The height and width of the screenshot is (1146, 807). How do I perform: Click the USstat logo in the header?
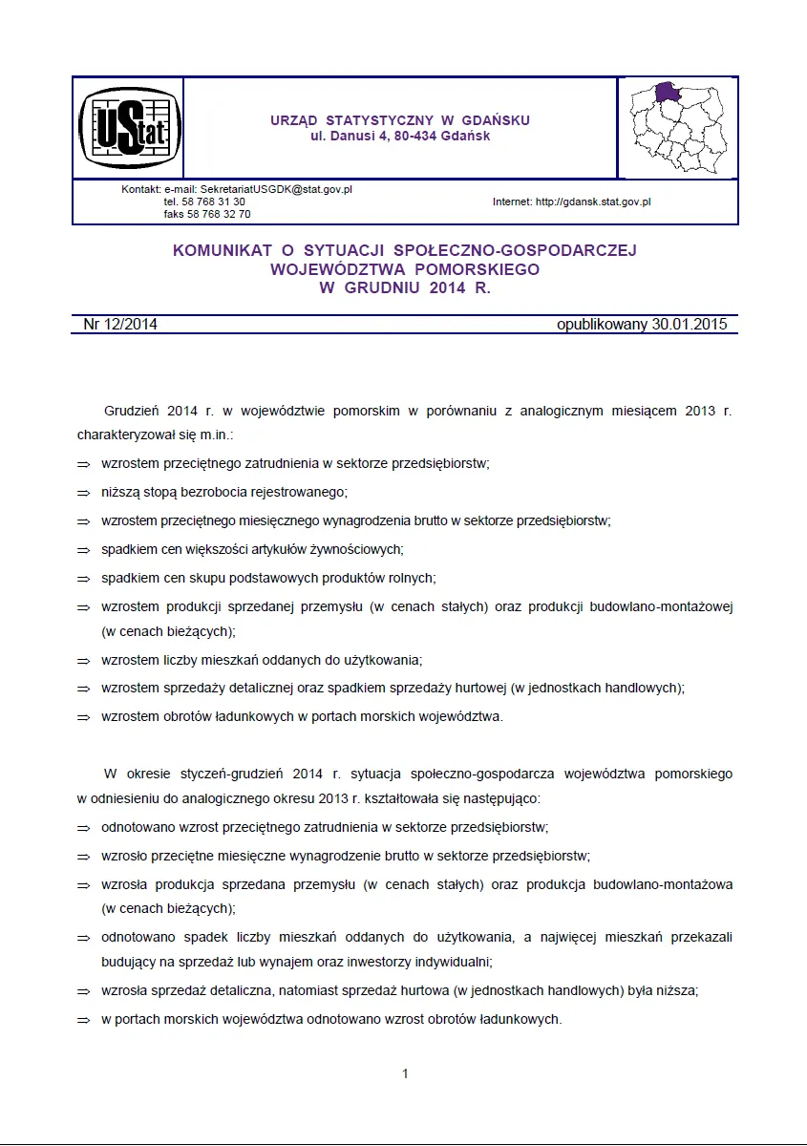pyautogui.click(x=128, y=127)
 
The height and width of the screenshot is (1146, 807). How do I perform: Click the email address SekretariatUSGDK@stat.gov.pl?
pyautogui.click(x=276, y=190)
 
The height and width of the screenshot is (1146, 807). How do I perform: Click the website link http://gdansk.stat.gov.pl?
pyautogui.click(x=592, y=202)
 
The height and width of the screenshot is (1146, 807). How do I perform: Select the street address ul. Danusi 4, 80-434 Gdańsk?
pyautogui.click(x=400, y=137)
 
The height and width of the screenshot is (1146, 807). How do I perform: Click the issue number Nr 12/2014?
pyautogui.click(x=120, y=324)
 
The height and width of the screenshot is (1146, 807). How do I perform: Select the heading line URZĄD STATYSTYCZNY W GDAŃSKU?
pyautogui.click(x=400, y=120)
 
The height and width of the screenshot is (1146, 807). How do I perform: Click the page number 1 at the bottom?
pyautogui.click(x=405, y=1073)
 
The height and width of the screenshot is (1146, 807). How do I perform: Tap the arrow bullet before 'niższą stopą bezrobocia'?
pyautogui.click(x=83, y=493)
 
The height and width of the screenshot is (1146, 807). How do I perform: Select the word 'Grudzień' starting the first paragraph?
pyautogui.click(x=132, y=411)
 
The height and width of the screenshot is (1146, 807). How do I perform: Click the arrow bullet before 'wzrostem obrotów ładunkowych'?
pyautogui.click(x=83, y=717)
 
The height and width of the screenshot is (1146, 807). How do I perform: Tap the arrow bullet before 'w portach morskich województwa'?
pyautogui.click(x=83, y=1020)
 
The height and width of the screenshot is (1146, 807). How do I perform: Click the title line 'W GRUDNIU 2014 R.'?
pyautogui.click(x=404, y=288)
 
